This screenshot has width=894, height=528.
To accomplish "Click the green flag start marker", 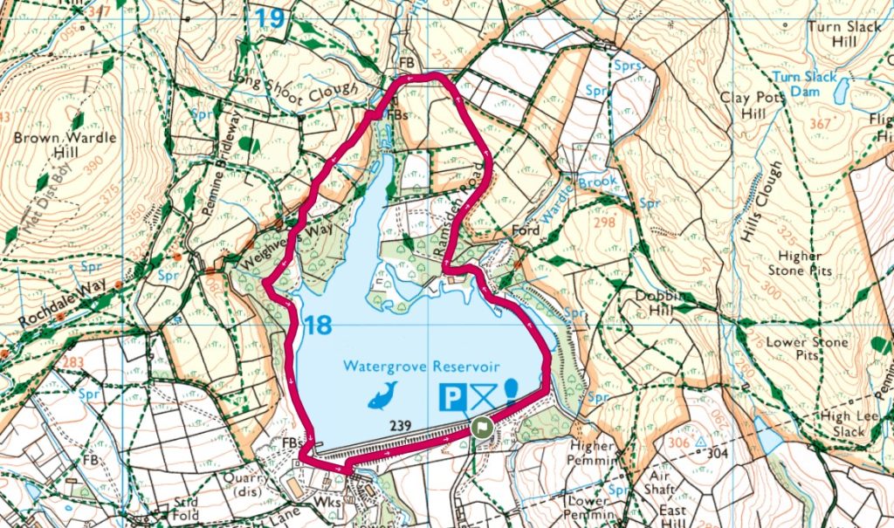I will coord(481,428).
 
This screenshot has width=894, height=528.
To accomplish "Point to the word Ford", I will coord(526,231).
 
